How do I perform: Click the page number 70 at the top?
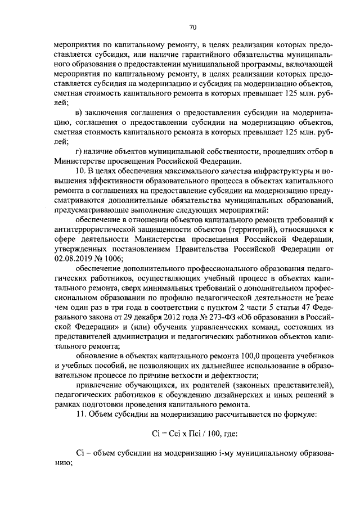coord(192,26)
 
